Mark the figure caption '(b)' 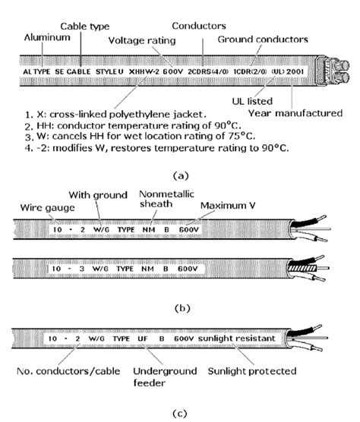[179, 308]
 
